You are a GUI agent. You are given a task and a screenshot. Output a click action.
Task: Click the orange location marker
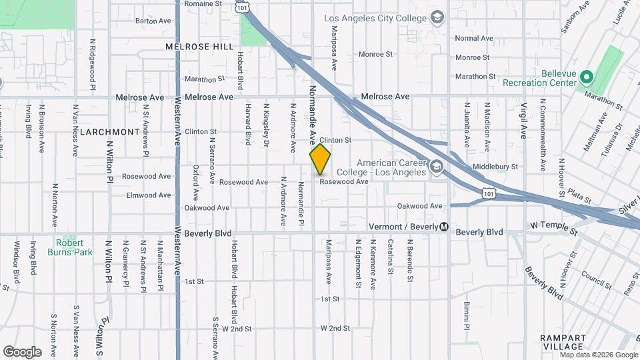click(320, 159)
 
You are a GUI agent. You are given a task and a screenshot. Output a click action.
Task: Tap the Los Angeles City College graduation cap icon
click(437, 17)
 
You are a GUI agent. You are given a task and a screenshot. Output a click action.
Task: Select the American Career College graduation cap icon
click(437, 167)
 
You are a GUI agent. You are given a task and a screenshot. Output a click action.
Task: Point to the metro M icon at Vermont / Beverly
click(444, 227)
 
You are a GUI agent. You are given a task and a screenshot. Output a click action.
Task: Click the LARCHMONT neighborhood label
click(109, 132)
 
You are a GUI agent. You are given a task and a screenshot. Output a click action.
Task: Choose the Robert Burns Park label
click(70, 247)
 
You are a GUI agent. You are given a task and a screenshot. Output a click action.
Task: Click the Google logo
click(22, 352)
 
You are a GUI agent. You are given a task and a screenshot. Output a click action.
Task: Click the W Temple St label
click(553, 229)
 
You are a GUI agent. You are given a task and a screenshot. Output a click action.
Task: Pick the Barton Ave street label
click(153, 21)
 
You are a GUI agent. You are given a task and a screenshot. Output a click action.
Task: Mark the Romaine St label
click(203, 4)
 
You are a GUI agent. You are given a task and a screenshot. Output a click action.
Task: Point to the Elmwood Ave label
click(149, 195)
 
